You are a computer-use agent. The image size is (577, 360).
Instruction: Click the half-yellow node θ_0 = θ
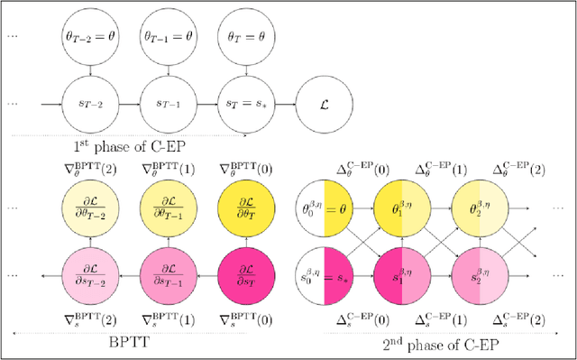pyautogui.click(x=324, y=207)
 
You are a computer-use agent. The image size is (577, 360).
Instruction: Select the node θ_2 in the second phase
pyautogui.click(x=478, y=207)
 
